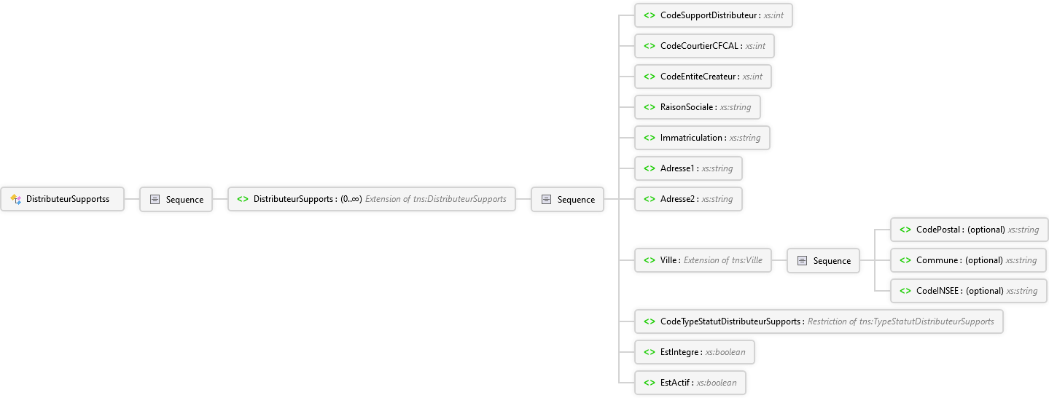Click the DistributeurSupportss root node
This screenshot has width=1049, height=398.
tap(62, 199)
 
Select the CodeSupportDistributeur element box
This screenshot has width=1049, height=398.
tap(713, 15)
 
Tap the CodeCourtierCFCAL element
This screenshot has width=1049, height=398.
tap(704, 46)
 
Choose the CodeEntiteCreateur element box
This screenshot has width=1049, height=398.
tap(703, 77)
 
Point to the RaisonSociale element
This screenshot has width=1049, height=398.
tap(698, 107)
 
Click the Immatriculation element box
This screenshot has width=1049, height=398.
tap(702, 138)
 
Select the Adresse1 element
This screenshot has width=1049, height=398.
tap(688, 168)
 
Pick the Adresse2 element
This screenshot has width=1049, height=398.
tap(688, 199)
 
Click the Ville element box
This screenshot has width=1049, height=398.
tap(703, 260)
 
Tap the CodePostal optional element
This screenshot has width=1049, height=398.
tap(969, 230)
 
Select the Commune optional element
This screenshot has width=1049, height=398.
tap(968, 260)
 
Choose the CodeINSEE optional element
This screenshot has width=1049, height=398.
tap(969, 291)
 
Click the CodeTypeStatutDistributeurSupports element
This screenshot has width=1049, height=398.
tap(819, 321)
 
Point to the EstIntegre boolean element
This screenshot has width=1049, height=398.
tap(695, 352)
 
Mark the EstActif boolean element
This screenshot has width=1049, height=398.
tap(690, 383)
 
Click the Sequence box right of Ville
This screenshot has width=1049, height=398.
tap(823, 260)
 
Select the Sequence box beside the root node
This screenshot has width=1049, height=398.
tap(176, 200)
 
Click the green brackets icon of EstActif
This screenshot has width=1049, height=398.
tap(650, 383)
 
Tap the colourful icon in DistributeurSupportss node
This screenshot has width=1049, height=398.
tap(16, 200)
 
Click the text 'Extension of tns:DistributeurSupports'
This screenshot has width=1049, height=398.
tap(435, 199)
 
